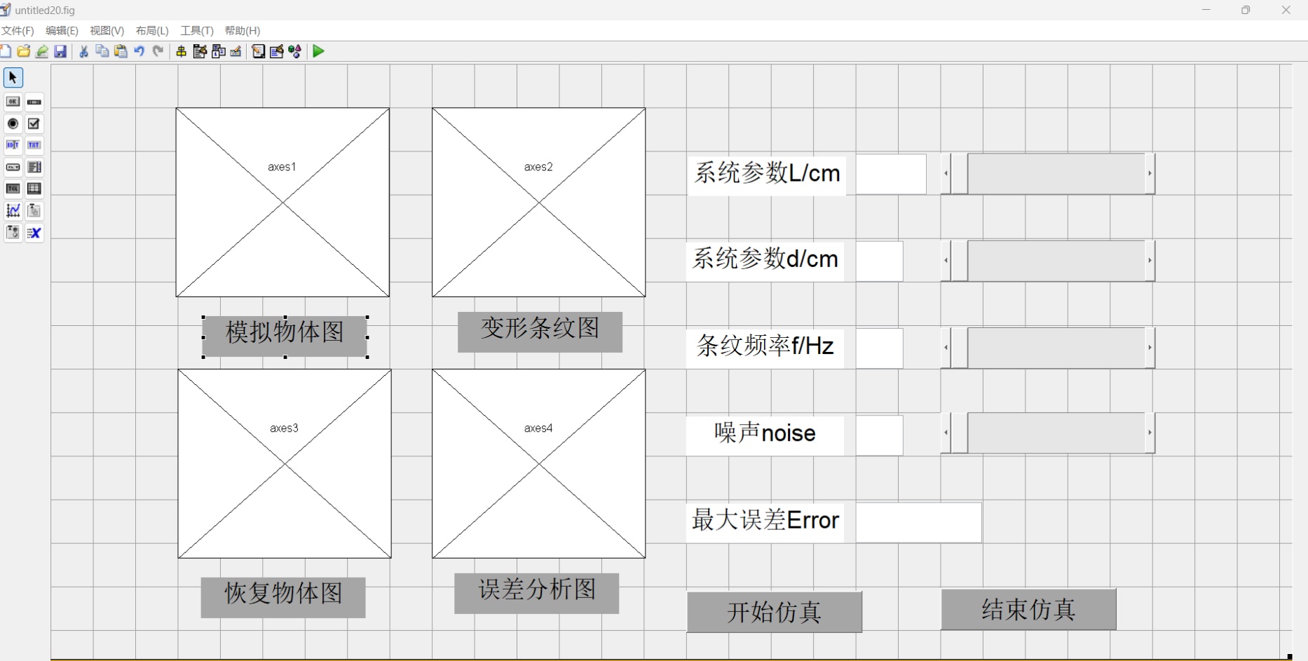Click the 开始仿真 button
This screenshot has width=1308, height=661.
774,612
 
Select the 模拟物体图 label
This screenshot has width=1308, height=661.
285,334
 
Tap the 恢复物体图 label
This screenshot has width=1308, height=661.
283,597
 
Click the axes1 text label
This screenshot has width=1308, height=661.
282,167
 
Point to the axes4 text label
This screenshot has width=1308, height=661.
538,428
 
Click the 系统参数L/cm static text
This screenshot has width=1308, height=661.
767,174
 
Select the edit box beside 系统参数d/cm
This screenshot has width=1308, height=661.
879,261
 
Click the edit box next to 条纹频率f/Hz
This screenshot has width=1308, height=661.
879,348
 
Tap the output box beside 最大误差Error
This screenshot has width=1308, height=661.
918,522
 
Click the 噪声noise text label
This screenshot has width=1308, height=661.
765,435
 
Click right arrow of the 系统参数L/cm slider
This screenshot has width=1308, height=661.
1150,173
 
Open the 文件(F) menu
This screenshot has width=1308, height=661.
18,31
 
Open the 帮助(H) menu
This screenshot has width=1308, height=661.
242,31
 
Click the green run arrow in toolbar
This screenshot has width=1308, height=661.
319,51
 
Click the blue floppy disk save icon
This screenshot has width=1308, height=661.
61,51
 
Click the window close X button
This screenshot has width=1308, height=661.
1286,10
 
